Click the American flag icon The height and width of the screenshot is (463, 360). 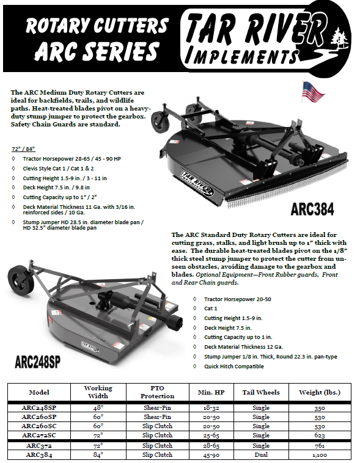coord(313,92)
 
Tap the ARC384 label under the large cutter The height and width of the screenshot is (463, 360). coord(312,209)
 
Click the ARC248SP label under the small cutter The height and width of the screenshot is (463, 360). coord(37,362)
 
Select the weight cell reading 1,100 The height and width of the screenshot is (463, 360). coord(319,455)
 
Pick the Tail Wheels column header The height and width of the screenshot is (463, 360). coord(261,392)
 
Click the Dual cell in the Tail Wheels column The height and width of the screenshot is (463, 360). coord(261,454)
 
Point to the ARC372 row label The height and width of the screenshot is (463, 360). coord(39,445)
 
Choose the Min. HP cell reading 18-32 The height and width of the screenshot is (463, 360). coord(211,408)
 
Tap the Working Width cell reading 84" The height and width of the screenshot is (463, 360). coord(98,454)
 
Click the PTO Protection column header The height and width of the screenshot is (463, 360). coord(157,392)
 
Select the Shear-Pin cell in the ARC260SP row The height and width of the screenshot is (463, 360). coord(157,417)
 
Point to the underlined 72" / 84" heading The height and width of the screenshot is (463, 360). coord(23,149)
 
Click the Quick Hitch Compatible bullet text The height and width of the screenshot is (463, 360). coord(234,366)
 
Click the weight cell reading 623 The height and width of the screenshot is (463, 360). coord(319,436)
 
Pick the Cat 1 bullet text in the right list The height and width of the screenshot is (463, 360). coord(211,308)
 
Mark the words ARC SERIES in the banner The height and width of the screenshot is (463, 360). coord(97,51)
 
